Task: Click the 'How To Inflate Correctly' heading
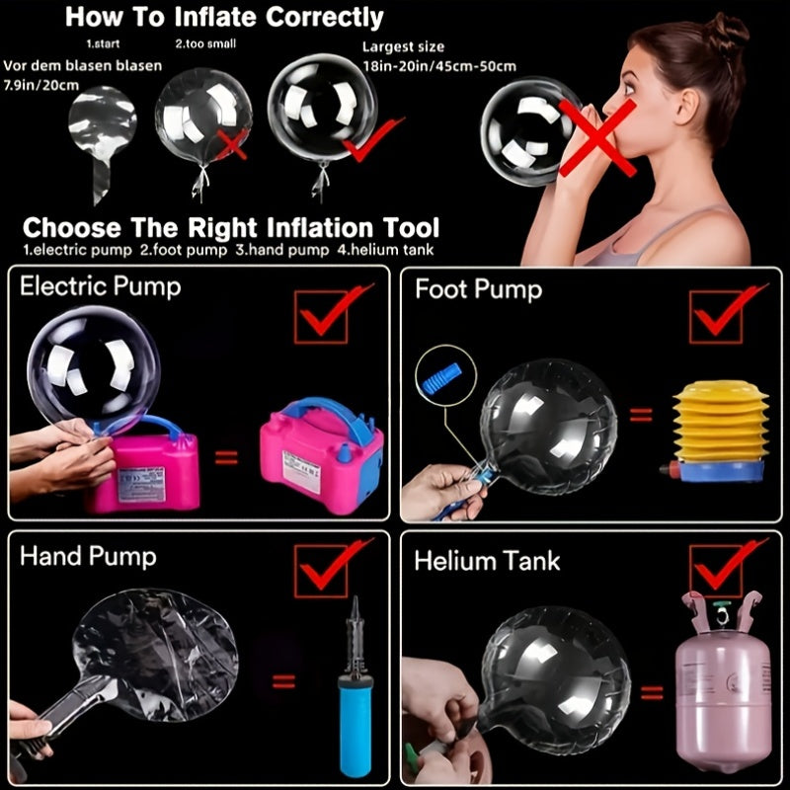pyautogui.click(x=224, y=17)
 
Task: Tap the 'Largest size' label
pyautogui.click(x=403, y=46)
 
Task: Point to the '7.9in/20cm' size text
pyautogui.click(x=41, y=85)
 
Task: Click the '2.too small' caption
pyautogui.click(x=205, y=43)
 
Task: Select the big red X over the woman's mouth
pyautogui.click(x=597, y=137)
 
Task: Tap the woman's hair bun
pyautogui.click(x=726, y=31)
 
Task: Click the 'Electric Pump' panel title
pyautogui.click(x=101, y=287)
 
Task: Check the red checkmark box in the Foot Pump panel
pyautogui.click(x=716, y=317)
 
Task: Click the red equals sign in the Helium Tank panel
pyautogui.click(x=652, y=692)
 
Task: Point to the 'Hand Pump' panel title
pyautogui.click(x=88, y=557)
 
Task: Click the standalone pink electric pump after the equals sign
pyautogui.click(x=322, y=456)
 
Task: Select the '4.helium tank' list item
pyautogui.click(x=385, y=250)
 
